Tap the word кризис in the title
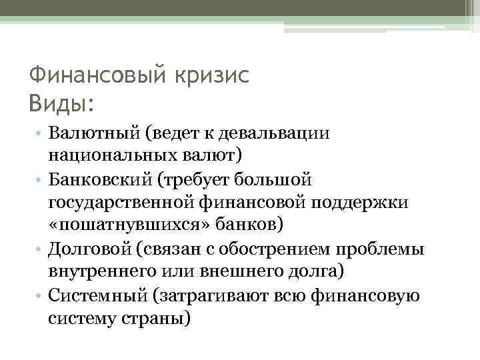pyautogui.click(x=212, y=76)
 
